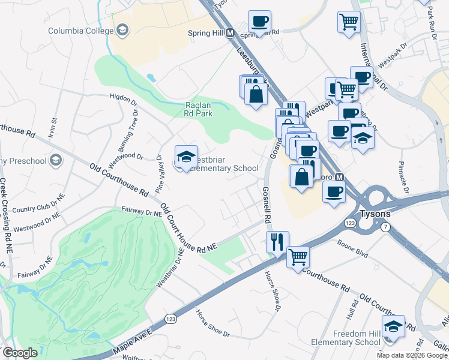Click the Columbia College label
[x=80, y=31]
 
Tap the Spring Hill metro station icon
[x=229, y=34]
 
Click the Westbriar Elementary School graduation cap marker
[x=186, y=157]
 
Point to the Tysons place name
[x=375, y=214]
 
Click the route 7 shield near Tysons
[x=384, y=226]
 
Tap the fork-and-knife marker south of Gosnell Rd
[x=277, y=242]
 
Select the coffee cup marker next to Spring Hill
[x=260, y=22]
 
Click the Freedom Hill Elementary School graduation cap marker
[x=393, y=327]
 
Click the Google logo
[x=20, y=353]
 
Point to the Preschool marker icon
[x=56, y=160]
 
